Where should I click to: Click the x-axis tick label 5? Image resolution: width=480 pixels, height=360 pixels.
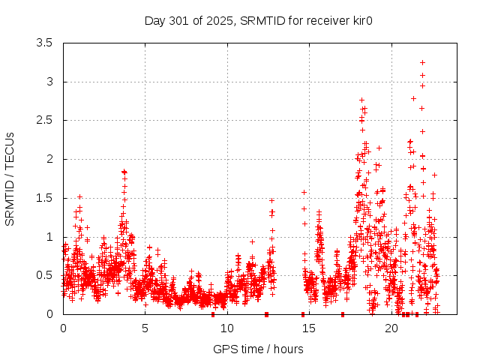[x=145, y=328]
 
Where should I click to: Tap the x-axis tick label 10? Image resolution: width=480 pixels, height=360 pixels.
[x=227, y=328]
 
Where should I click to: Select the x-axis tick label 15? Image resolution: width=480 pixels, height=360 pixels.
[x=309, y=328]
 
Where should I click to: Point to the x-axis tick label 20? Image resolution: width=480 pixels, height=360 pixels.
[x=391, y=328]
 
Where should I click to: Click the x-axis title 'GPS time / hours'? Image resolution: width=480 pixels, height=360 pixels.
[x=259, y=349]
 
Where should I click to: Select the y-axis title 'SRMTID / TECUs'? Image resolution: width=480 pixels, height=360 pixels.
[x=10, y=178]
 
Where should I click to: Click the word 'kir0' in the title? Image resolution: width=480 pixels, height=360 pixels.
[x=362, y=20]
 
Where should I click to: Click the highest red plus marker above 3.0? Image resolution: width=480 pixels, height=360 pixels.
[x=423, y=62]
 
